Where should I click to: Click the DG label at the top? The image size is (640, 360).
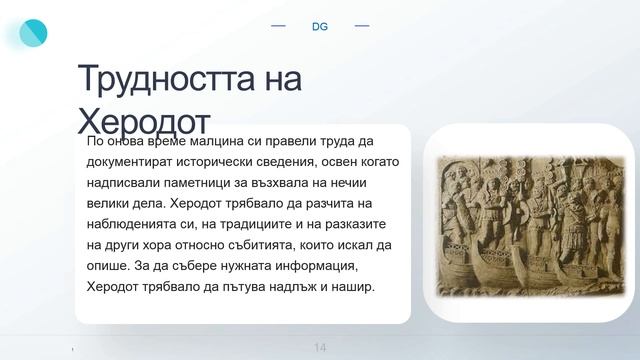click(320, 26)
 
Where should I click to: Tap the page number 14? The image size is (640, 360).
click(320, 347)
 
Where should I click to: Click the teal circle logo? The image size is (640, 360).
click(33, 33)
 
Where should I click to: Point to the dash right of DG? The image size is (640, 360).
click(362, 25)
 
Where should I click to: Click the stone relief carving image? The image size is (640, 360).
click(530, 225)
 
